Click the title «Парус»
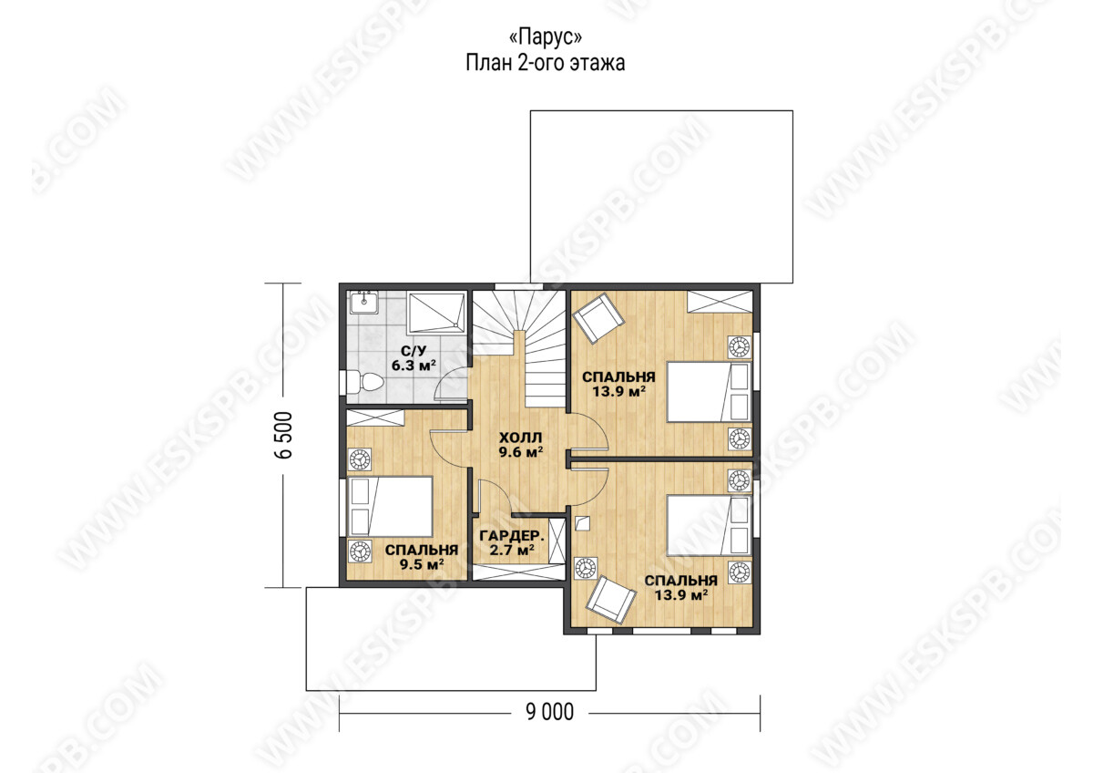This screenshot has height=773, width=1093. [545, 37]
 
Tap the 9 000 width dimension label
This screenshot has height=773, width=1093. [549, 712]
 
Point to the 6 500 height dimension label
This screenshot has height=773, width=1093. [283, 435]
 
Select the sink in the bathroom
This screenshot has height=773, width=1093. [363, 303]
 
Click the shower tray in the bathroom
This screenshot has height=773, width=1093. [436, 314]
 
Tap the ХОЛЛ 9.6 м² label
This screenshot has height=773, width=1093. [521, 445]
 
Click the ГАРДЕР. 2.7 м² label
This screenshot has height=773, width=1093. [512, 543]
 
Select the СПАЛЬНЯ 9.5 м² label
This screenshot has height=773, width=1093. [422, 557]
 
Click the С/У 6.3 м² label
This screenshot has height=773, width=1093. [414, 358]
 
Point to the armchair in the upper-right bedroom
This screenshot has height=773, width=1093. [598, 318]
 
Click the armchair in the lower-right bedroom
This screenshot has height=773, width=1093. [611, 600]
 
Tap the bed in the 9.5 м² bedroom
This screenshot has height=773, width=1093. [390, 507]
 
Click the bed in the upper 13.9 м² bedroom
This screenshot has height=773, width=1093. [709, 392]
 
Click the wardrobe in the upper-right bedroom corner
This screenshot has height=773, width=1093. [720, 302]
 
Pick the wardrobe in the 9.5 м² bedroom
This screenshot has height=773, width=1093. [375, 418]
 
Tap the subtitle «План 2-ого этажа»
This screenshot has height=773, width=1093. [545, 64]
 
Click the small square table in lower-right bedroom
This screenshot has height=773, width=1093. [583, 523]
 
